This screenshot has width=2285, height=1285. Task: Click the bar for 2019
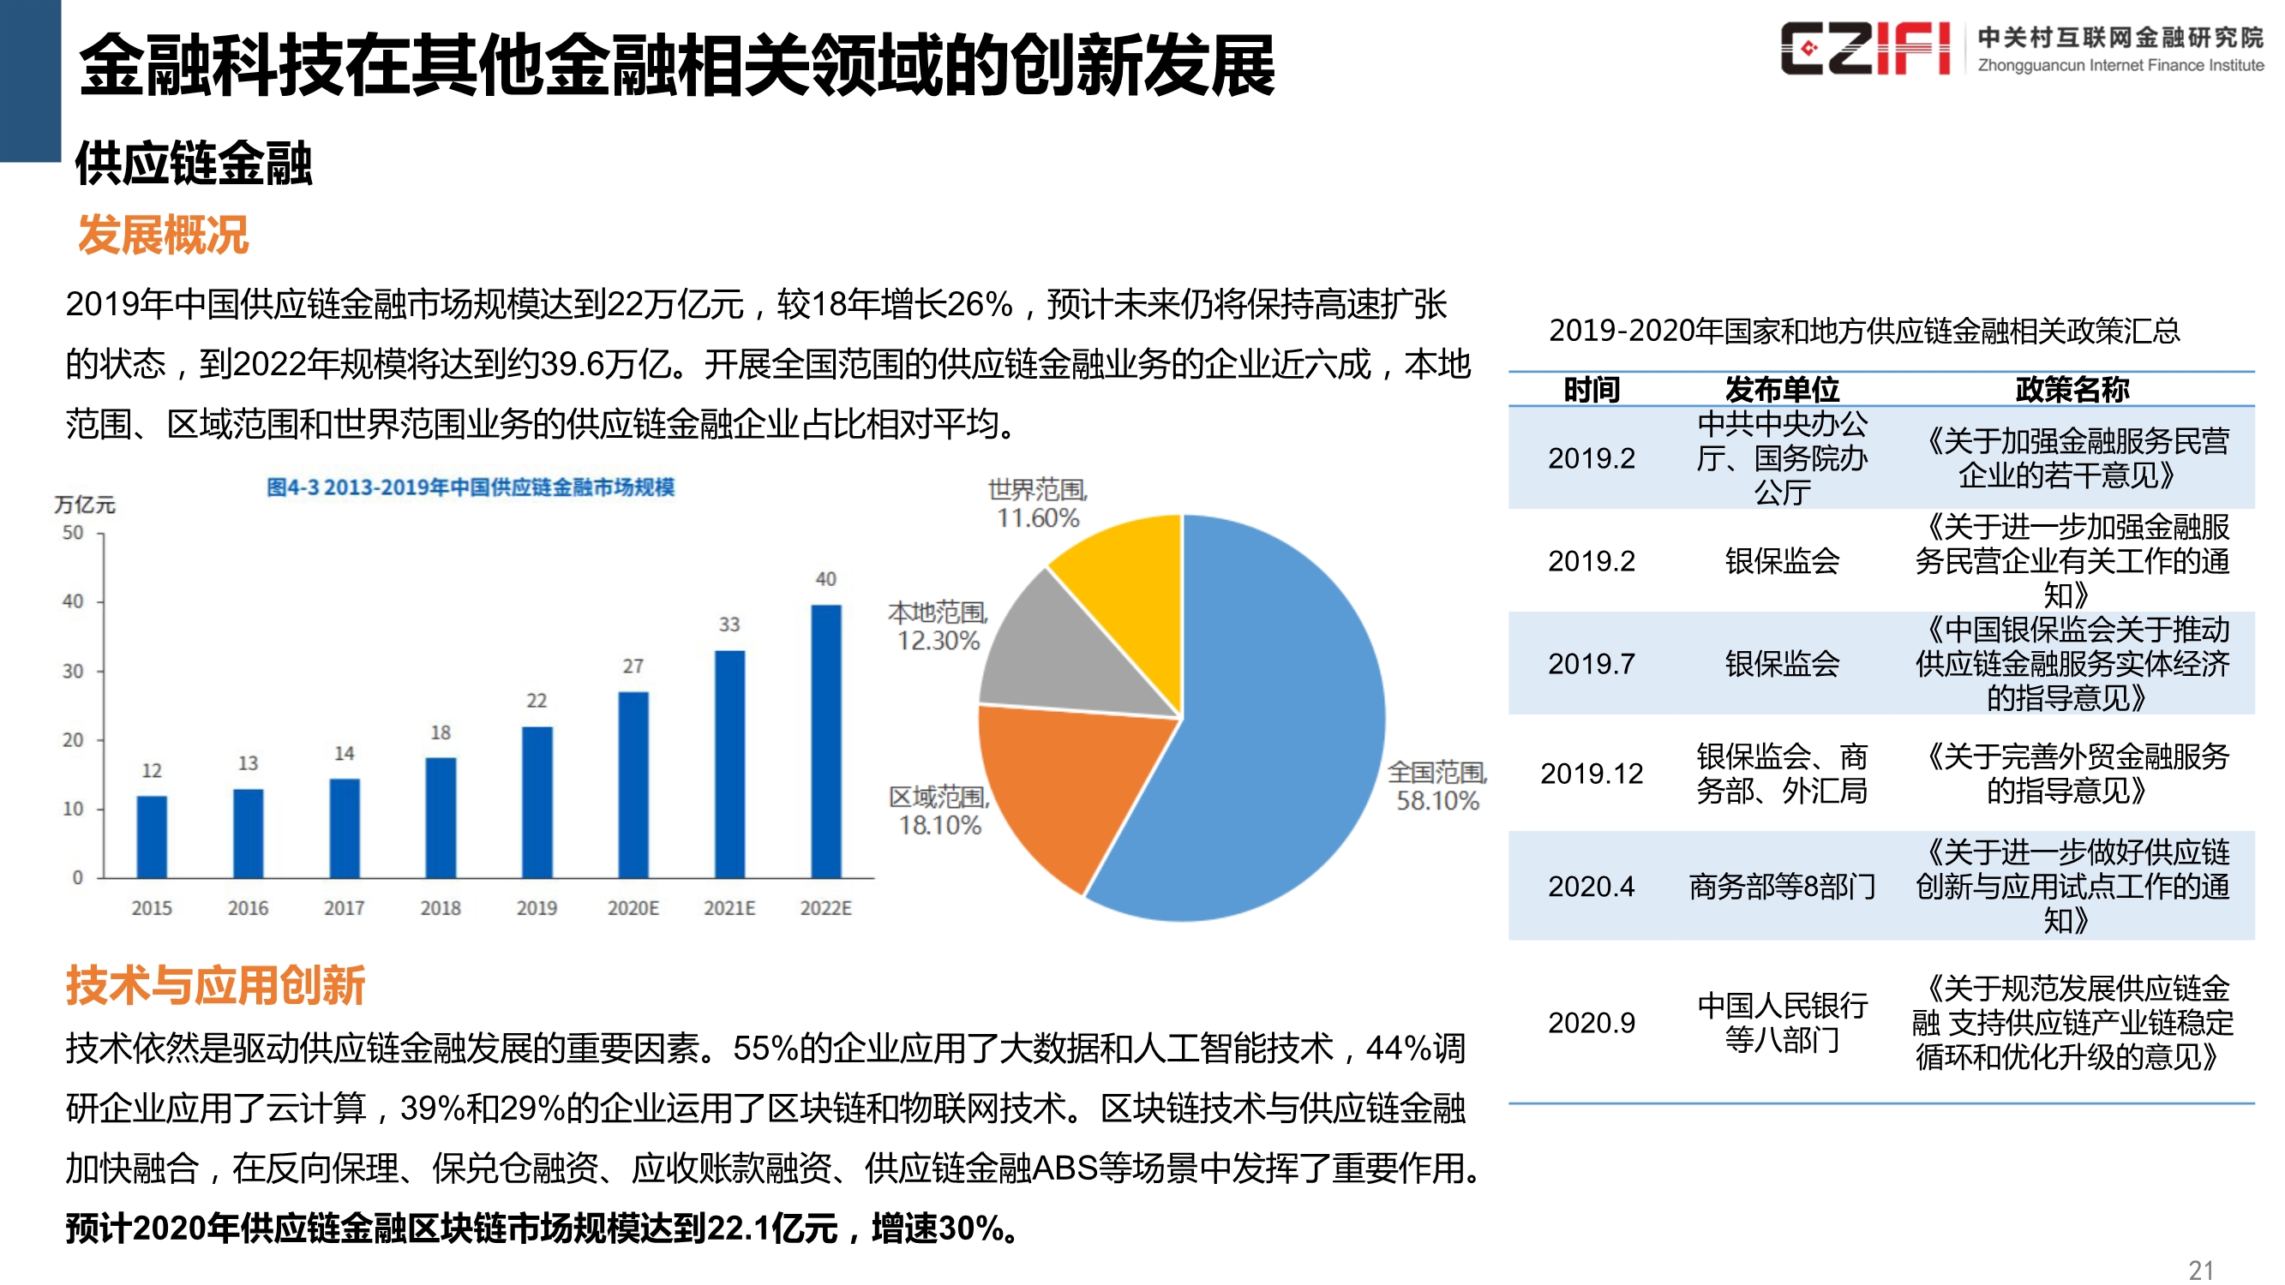[537, 803]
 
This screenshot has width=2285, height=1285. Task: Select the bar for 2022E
[826, 741]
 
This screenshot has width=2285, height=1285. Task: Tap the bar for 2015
[152, 836]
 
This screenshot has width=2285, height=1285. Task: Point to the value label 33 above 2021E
[729, 625]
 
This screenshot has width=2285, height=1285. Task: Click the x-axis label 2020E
[633, 908]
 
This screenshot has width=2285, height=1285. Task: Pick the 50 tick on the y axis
[73, 533]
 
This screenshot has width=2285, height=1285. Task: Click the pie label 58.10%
[1437, 801]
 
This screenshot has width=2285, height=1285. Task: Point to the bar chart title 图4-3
[471, 487]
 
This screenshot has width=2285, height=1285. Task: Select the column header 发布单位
[1782, 389]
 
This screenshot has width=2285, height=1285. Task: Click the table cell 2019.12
[1592, 774]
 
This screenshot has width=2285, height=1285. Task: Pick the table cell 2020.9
[1592, 1023]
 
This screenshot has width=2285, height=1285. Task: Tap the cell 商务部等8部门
[1782, 886]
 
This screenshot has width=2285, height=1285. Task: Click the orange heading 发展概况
[163, 236]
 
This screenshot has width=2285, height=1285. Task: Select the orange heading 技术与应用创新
[214, 985]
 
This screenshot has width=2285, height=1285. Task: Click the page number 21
[2201, 1270]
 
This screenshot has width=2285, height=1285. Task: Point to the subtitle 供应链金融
[194, 164]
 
